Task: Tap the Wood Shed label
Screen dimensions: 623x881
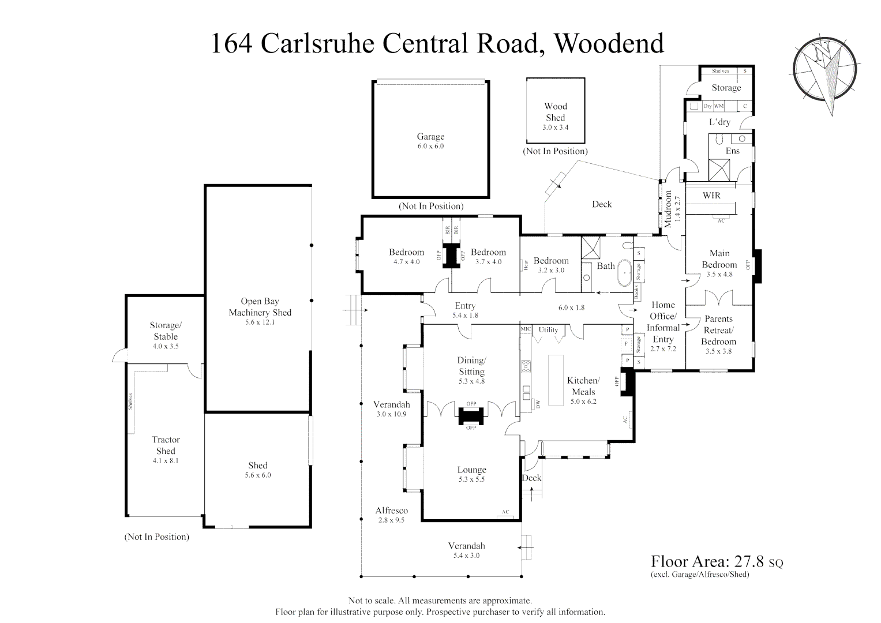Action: click(556, 111)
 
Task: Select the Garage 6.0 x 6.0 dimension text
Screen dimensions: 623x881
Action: click(430, 147)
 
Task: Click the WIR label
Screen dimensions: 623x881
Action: click(711, 196)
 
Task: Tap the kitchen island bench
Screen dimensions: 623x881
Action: click(555, 380)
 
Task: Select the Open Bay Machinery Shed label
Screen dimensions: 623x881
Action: click(260, 307)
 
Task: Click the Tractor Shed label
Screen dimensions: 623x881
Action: click(166, 445)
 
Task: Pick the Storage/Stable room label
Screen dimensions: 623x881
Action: click(166, 331)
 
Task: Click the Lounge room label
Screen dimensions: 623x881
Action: click(471, 470)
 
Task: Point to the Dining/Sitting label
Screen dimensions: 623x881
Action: click(471, 366)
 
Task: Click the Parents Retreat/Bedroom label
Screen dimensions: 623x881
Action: click(718, 330)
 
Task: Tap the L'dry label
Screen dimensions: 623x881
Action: click(719, 122)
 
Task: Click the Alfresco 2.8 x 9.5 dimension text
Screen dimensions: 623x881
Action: click(392, 520)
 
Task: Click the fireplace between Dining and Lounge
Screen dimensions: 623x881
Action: click(471, 415)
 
